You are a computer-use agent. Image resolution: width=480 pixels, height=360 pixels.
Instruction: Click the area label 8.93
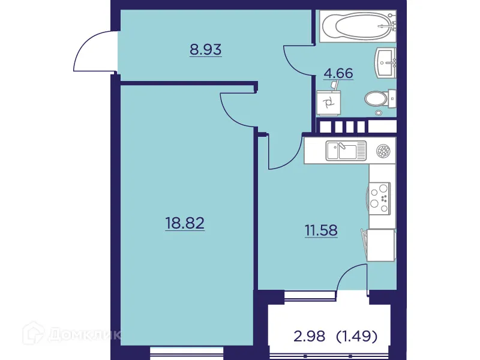206,50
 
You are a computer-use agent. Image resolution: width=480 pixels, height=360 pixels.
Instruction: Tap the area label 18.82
185,224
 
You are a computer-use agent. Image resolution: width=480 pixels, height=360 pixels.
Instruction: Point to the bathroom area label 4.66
338,74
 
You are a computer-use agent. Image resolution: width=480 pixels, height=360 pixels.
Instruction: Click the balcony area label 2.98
310,337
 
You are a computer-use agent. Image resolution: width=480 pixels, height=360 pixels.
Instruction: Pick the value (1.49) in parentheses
357,337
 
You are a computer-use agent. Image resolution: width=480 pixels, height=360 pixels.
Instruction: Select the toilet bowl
377,98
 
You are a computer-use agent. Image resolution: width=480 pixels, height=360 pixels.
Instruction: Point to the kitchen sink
346,150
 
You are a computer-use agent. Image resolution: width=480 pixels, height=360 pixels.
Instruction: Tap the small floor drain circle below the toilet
379,112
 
